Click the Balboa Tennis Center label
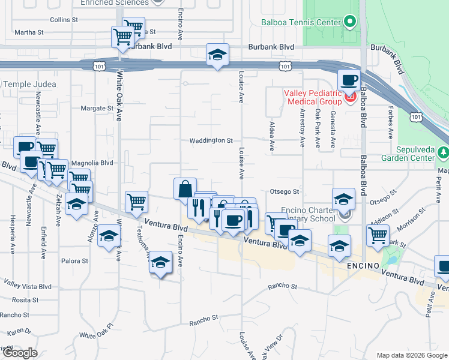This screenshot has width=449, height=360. pyautogui.click(x=301, y=23)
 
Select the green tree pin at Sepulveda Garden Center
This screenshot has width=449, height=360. pyautogui.click(x=444, y=153)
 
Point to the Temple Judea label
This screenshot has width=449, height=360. pyautogui.click(x=29, y=85)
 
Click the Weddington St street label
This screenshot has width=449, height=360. pyautogui.click(x=211, y=140)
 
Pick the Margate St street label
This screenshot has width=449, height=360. pyautogui.click(x=97, y=109)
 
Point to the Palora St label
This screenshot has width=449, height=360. pyautogui.click(x=74, y=261)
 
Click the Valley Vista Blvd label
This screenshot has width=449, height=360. pyautogui.click(x=28, y=284)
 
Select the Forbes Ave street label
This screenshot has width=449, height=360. pyautogui.click(x=390, y=127)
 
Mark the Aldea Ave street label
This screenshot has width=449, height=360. pyautogui.click(x=271, y=139)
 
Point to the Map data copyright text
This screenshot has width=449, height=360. pyautogui.click(x=410, y=355)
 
